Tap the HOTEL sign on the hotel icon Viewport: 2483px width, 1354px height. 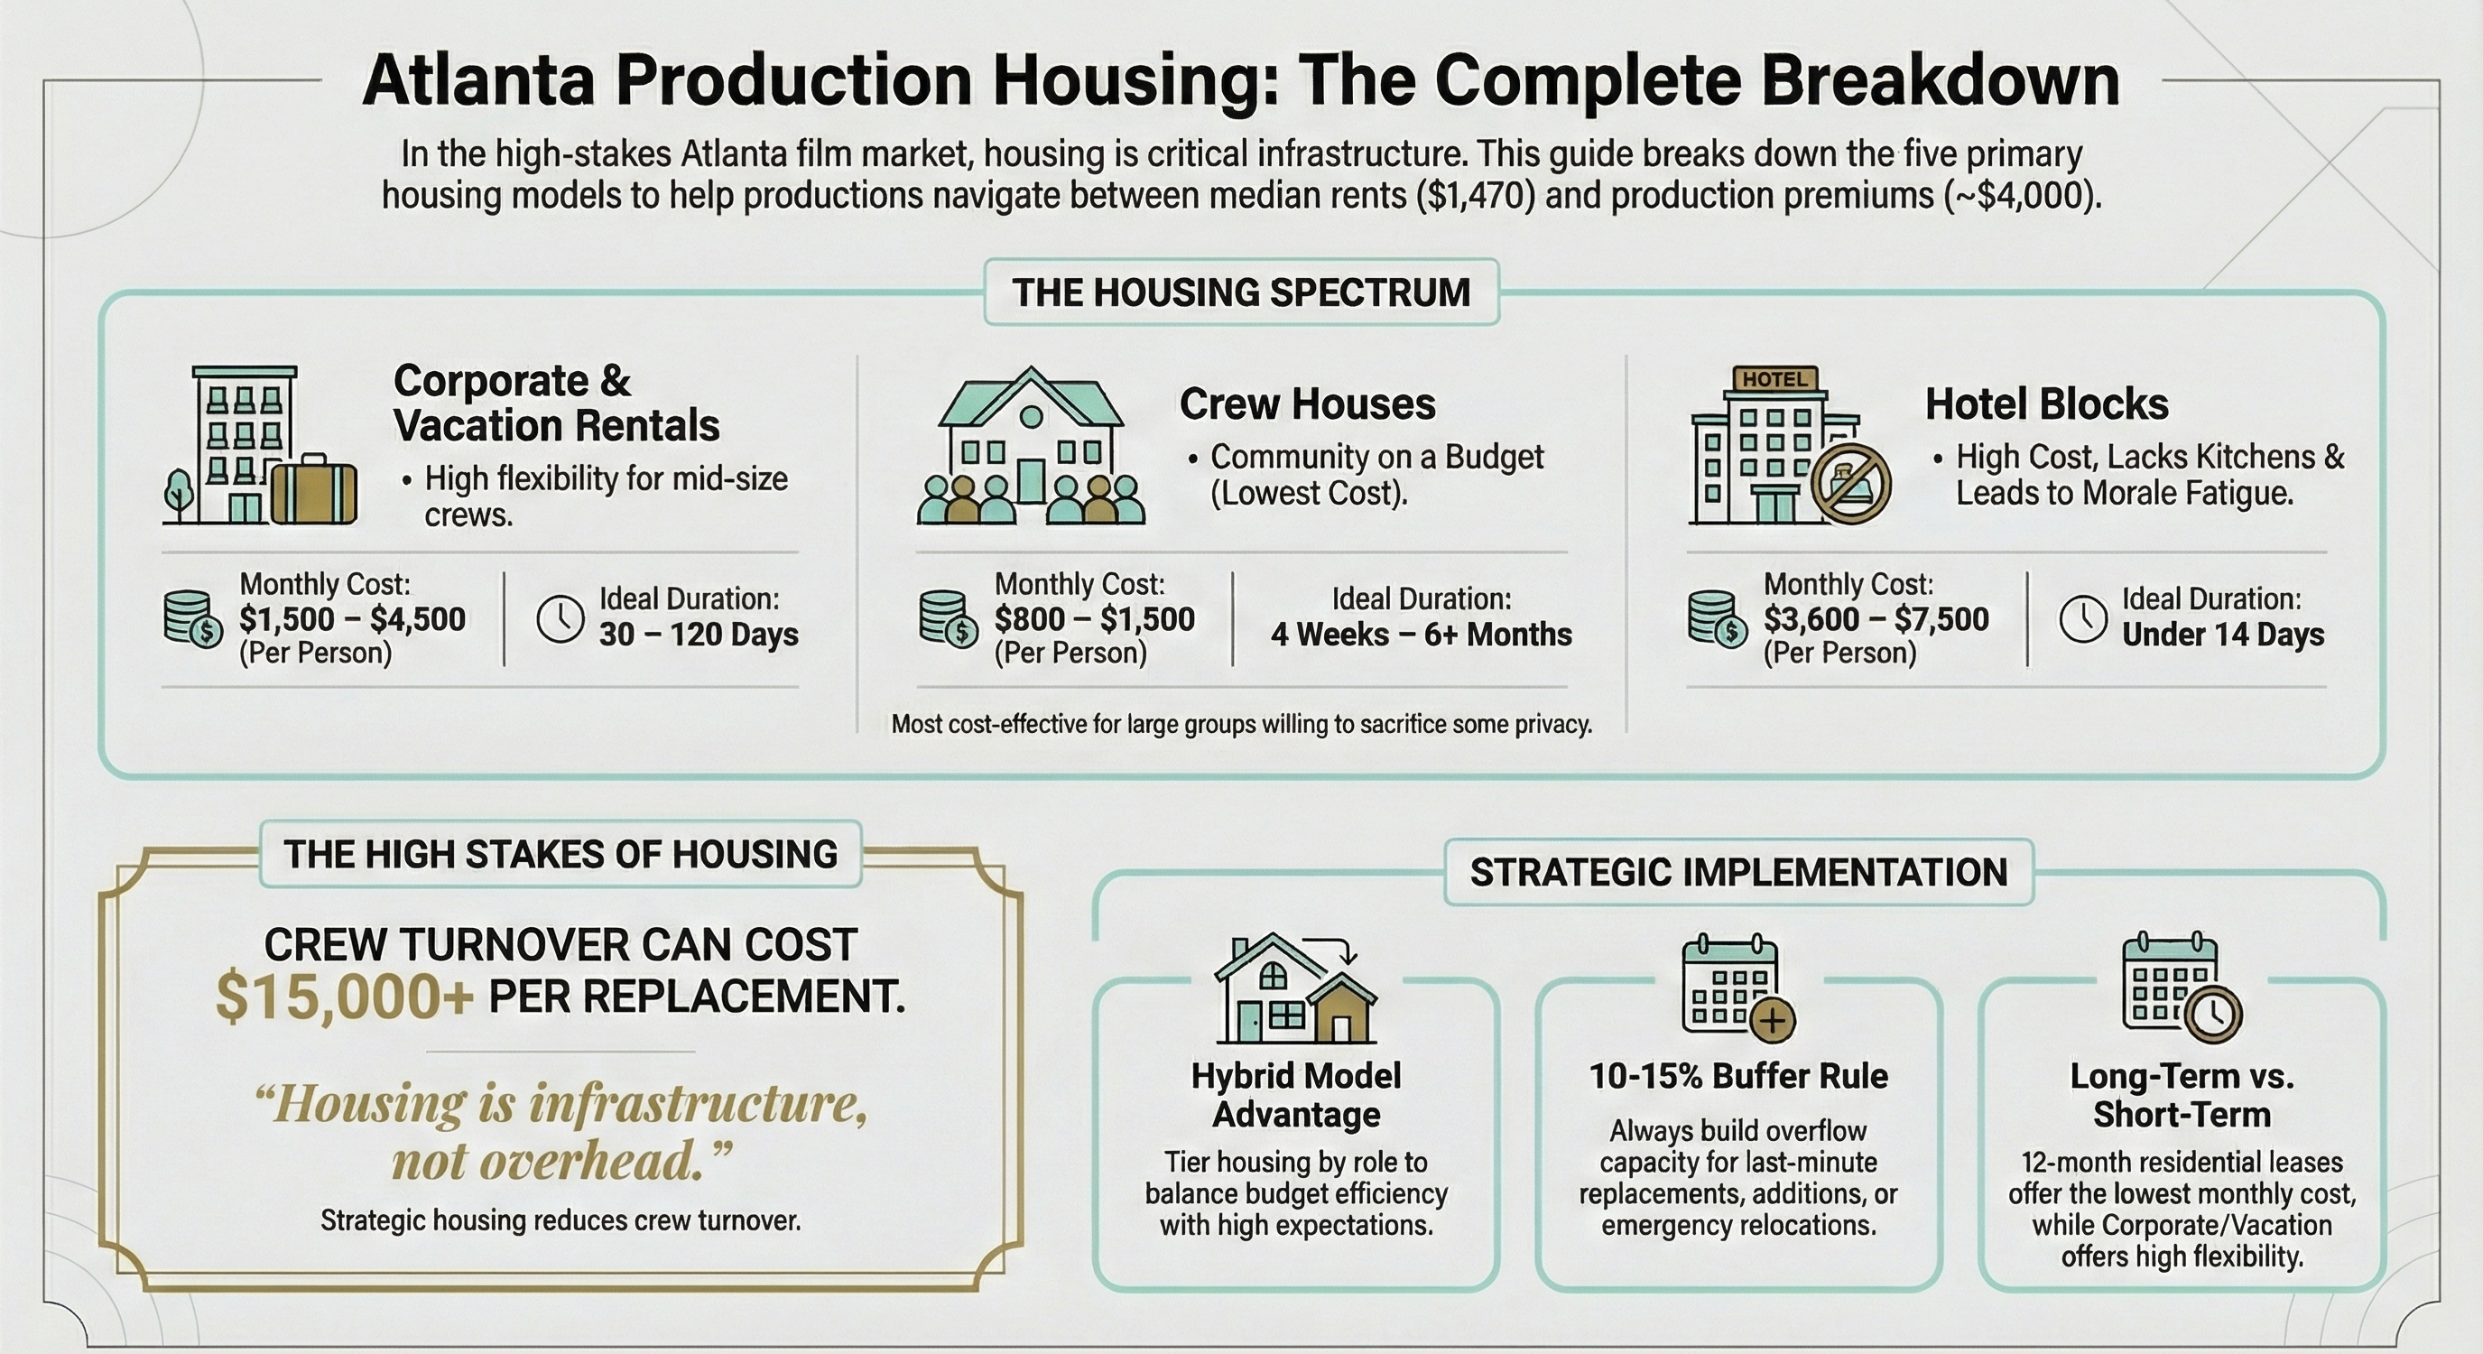point(1774,379)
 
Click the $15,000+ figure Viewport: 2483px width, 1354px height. point(344,997)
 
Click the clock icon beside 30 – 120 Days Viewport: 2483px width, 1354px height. point(560,618)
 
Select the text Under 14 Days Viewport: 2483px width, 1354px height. point(2223,635)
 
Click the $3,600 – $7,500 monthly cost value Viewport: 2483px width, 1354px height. point(1876,618)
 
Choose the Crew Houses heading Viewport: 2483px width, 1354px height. point(1307,403)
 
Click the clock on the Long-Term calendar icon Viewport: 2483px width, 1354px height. point(2213,1014)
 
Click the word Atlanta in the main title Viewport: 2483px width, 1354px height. point(479,80)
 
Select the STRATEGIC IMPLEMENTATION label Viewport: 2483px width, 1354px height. point(1737,872)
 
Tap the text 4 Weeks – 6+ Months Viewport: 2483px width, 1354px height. point(1421,635)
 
